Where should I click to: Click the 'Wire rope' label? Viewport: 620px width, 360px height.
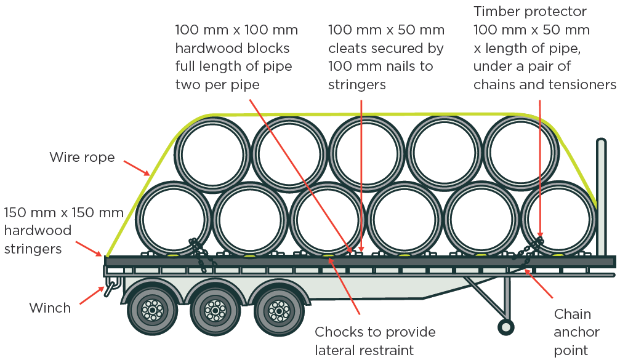tap(82, 158)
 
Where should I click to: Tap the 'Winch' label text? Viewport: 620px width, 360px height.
tap(50, 308)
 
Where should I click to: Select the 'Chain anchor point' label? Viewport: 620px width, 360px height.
tap(576, 332)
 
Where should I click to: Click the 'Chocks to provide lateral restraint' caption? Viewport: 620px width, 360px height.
tap(375, 341)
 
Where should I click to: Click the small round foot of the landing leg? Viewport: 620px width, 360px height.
tap(506, 327)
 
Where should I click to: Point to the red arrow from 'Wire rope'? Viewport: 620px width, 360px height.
tap(137, 169)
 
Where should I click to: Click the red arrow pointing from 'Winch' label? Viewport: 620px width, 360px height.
tap(92, 295)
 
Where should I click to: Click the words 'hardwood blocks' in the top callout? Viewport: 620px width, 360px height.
tap(233, 48)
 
